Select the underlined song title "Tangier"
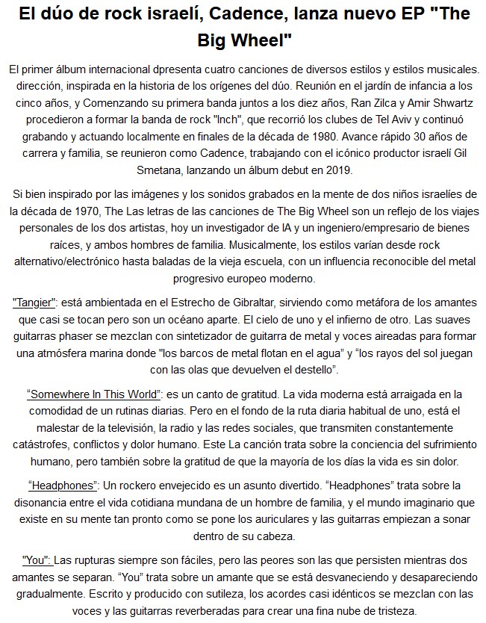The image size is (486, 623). coord(36,301)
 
